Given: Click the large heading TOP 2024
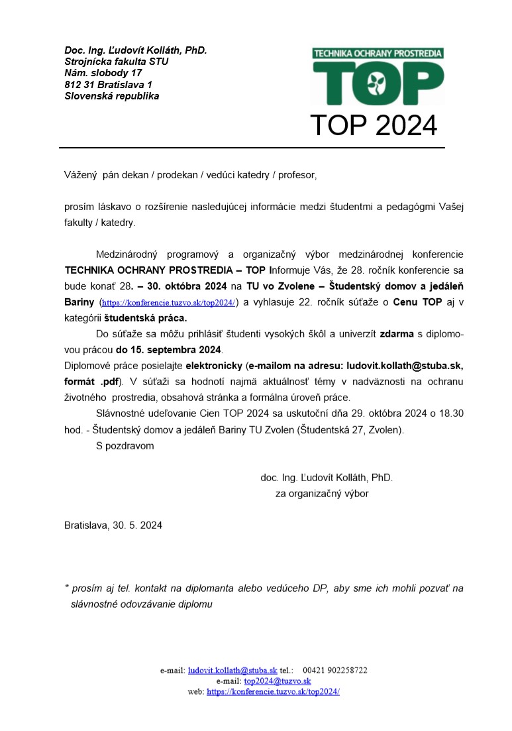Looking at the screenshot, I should pos(374,125).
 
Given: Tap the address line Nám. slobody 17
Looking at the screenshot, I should pos(103,73).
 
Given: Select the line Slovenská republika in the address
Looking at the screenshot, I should pos(111,96).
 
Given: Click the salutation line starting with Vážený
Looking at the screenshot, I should pos(191,176).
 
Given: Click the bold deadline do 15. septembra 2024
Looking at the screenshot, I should pos(169,349).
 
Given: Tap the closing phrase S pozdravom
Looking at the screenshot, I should pos(125,445).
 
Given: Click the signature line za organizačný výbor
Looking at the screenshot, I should pos(322,493).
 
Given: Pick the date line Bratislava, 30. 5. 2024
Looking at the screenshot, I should pos(113,526).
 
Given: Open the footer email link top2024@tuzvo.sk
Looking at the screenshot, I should pos(278,681).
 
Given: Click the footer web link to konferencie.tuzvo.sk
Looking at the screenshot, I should pos(273,691).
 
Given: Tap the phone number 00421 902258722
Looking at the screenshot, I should pos(334,670).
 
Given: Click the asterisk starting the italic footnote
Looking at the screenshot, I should pos(67,588).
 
